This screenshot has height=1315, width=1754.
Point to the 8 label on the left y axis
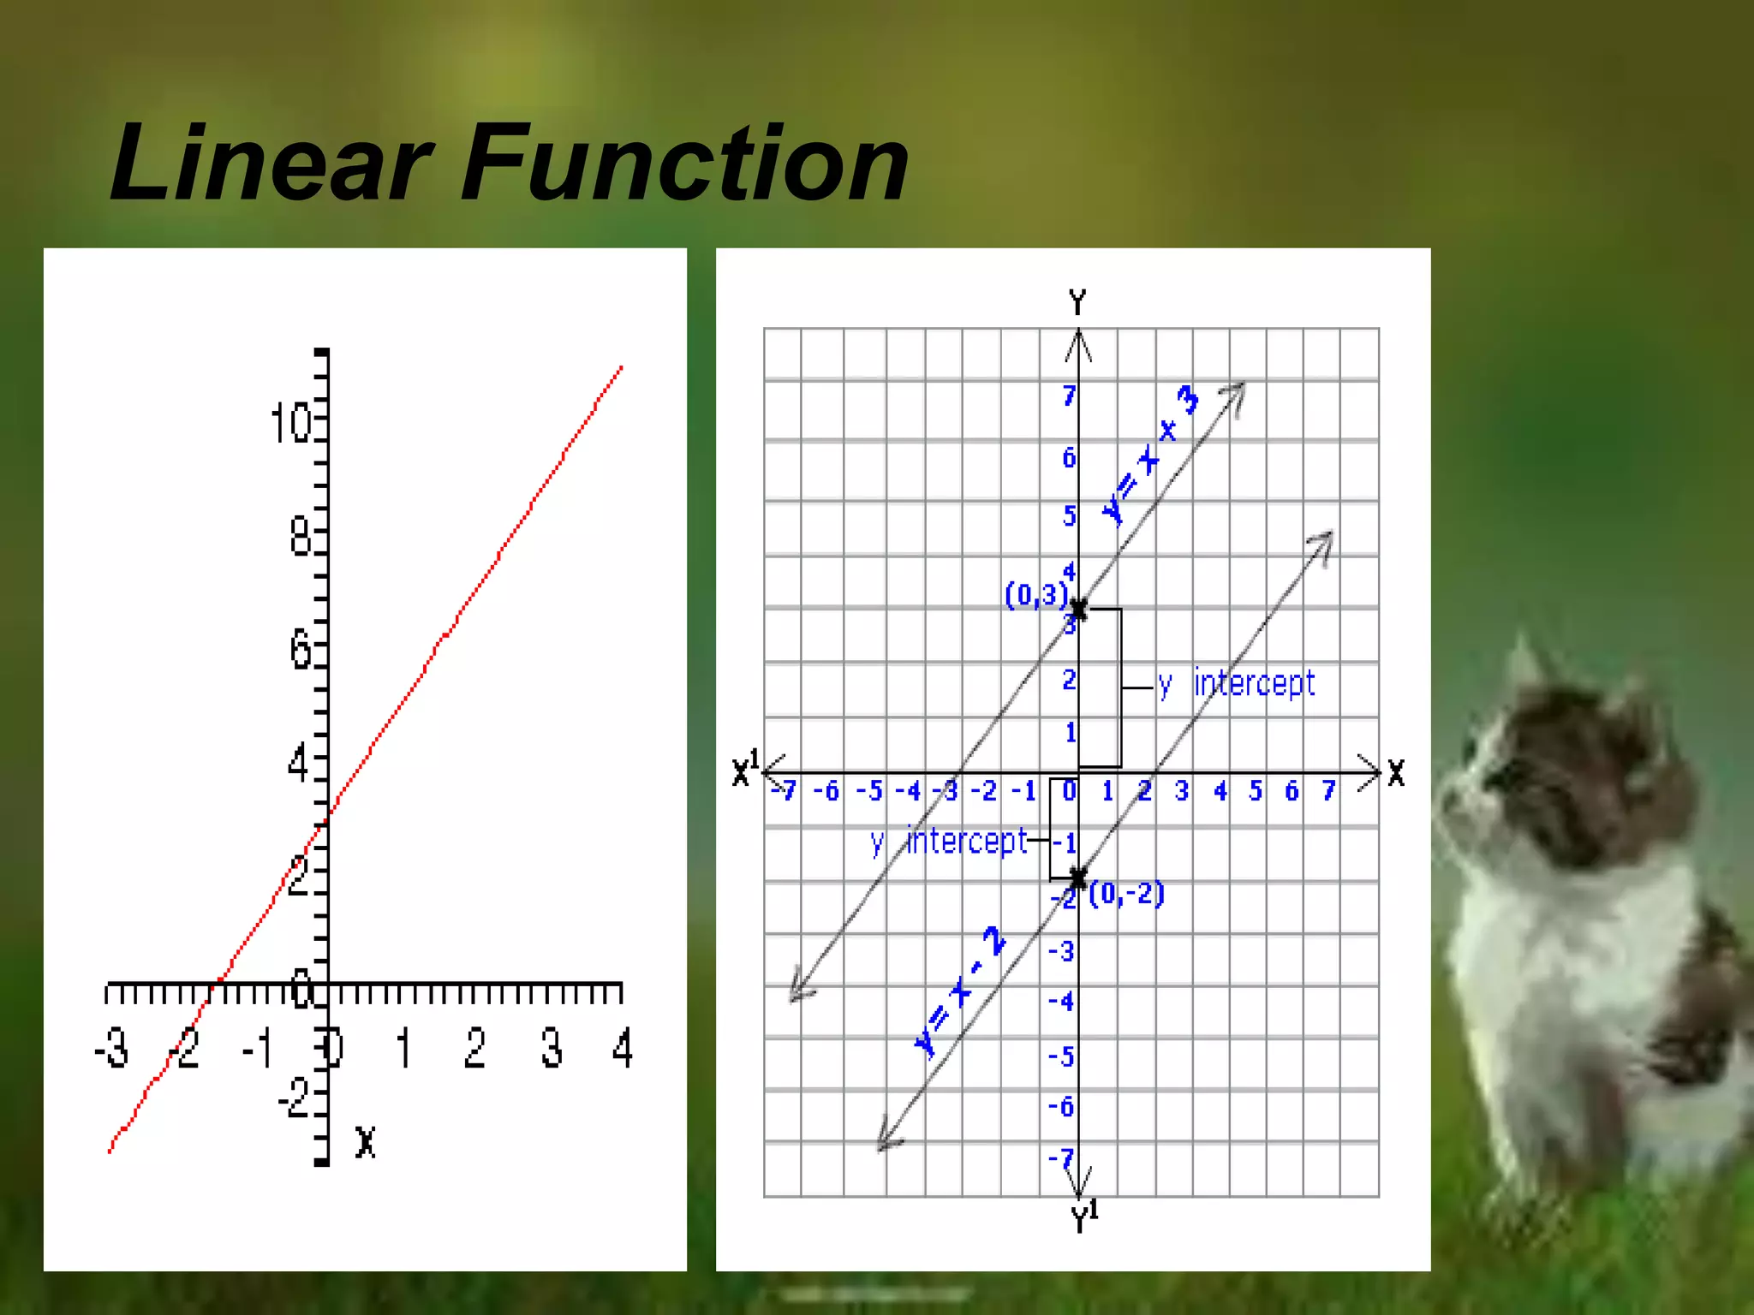click(300, 538)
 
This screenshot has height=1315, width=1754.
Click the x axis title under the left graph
click(366, 1142)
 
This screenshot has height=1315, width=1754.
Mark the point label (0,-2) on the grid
click(1126, 894)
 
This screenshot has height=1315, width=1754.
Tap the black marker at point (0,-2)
click(1078, 878)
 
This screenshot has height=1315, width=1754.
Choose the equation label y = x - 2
click(959, 991)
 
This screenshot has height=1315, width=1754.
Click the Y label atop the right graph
click(1077, 303)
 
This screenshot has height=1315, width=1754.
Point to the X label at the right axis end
click(1396, 773)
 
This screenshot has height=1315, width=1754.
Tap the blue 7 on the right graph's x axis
click(1328, 791)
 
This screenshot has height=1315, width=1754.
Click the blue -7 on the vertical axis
click(1061, 1159)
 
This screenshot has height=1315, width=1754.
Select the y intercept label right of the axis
click(1237, 683)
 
